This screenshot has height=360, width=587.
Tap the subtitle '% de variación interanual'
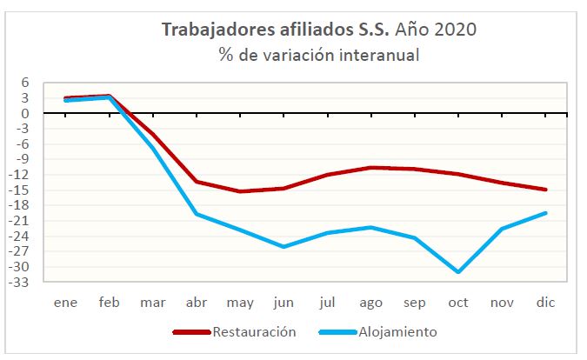[319, 56]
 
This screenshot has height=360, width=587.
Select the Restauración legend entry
[235, 331]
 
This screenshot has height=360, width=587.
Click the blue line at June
[283, 247]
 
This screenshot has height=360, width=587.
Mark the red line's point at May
[239, 191]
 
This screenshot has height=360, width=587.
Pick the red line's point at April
[197, 182]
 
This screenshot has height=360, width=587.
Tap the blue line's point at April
[197, 214]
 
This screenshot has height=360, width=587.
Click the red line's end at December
[545, 190]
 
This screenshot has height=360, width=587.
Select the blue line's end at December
[545, 213]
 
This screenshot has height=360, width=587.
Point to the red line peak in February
[109, 96]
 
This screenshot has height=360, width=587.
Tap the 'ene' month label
[65, 302]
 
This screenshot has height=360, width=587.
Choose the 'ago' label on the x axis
[370, 302]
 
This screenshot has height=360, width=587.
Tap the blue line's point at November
[501, 229]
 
